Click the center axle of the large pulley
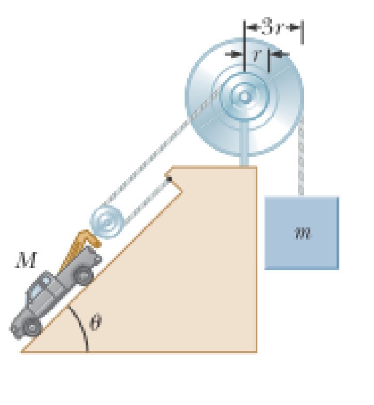(x=245, y=97)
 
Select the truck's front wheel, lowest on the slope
(x=33, y=326)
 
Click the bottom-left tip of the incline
(x=22, y=351)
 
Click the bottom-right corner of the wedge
(x=256, y=351)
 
